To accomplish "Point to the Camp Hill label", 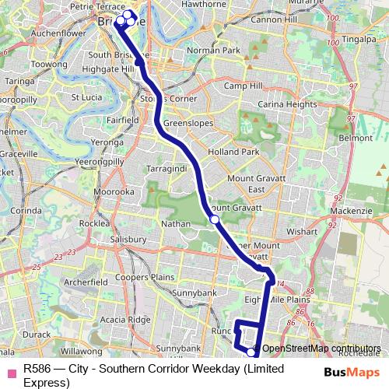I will (x=242, y=86).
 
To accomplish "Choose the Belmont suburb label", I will (x=357, y=137).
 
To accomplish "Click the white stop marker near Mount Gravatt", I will (x=214, y=219).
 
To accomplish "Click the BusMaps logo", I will (x=351, y=372).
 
